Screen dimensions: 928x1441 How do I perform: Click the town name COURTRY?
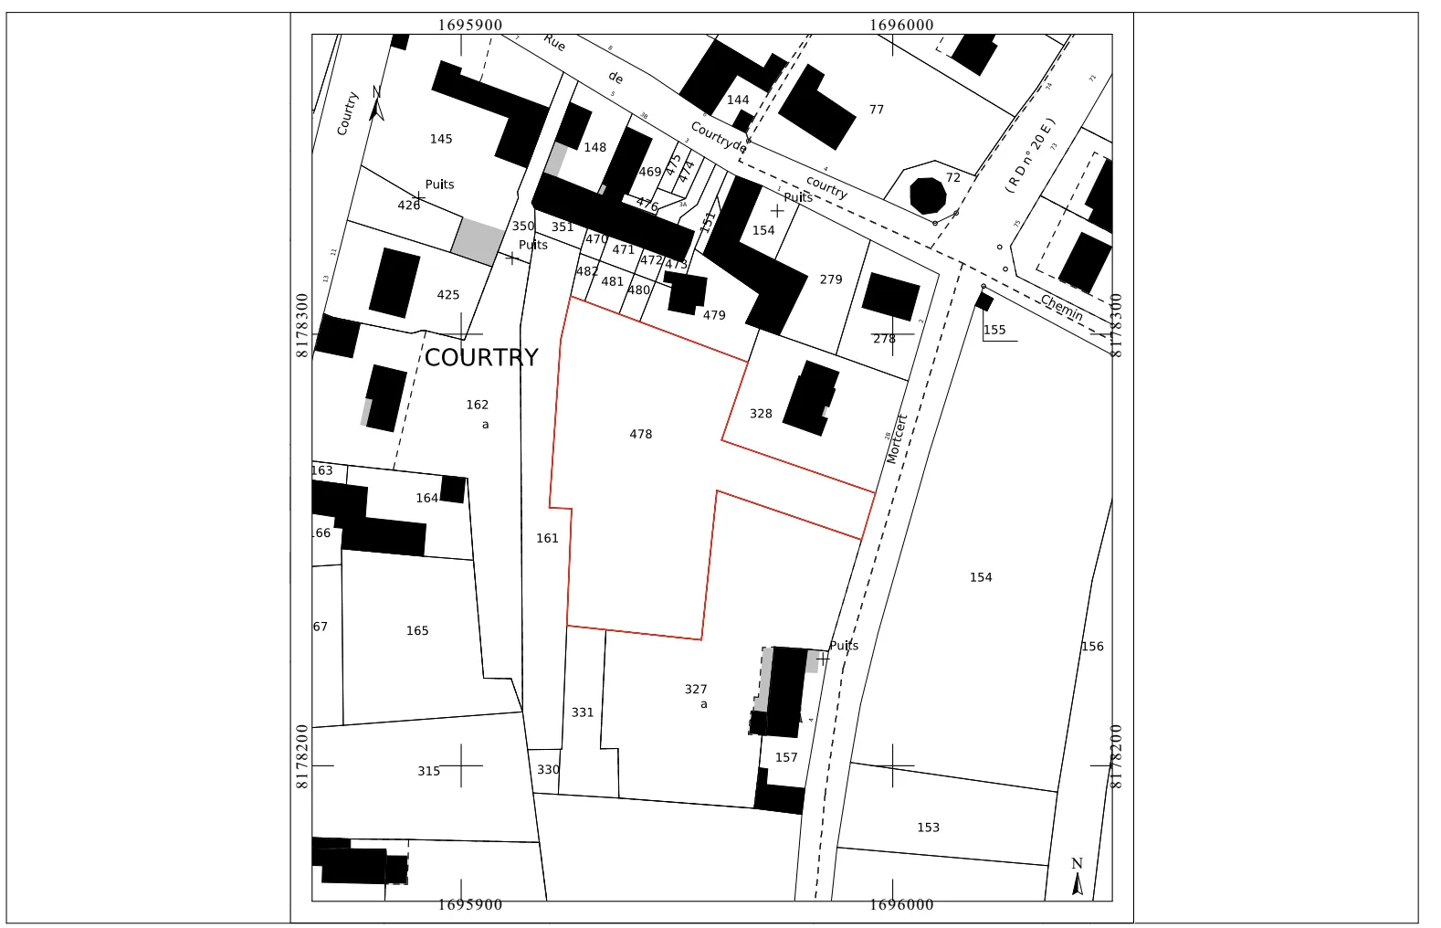[x=481, y=357]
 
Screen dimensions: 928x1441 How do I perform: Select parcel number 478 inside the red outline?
[x=641, y=435]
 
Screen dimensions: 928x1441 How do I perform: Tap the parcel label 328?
[x=761, y=414]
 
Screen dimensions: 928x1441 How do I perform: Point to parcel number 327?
[x=696, y=690]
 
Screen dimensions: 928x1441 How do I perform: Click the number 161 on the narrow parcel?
[x=547, y=539]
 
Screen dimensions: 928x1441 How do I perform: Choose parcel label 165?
[x=417, y=631]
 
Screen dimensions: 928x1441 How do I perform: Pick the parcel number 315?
[x=429, y=772]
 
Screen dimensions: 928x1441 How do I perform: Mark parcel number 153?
[x=928, y=828]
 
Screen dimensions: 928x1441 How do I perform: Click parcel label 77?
[x=877, y=110]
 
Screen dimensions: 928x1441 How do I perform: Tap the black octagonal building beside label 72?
[x=928, y=195]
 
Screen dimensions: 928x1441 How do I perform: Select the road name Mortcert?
[x=897, y=439]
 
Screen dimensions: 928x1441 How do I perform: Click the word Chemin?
[x=1061, y=308]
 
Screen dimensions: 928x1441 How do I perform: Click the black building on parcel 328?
[x=810, y=399]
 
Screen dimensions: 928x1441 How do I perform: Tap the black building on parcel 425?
[x=394, y=283]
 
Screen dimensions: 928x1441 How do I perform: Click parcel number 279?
[x=831, y=279]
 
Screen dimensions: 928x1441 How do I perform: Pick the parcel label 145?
[x=441, y=140]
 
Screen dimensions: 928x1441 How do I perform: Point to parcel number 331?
[x=583, y=712]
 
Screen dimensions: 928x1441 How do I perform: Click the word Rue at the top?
[x=554, y=43]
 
